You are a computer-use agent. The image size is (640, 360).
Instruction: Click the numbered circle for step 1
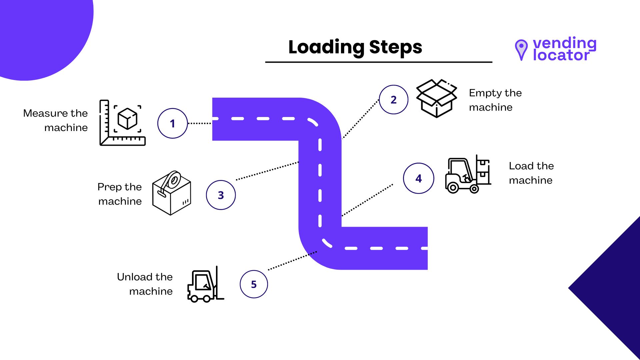click(172, 123)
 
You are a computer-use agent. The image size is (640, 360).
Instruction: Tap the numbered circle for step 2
click(393, 100)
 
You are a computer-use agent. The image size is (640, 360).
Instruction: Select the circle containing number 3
click(221, 195)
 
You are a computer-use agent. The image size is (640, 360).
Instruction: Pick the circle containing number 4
click(418, 178)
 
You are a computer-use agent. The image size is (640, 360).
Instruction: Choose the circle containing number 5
click(254, 284)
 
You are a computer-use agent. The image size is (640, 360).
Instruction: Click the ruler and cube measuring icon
click(122, 123)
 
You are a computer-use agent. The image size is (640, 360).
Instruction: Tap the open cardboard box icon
click(436, 98)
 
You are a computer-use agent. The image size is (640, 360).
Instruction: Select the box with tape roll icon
click(171, 193)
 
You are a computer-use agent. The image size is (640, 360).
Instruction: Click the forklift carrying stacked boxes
click(468, 174)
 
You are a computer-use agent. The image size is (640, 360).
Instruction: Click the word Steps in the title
click(396, 47)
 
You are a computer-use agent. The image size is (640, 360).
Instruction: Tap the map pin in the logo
click(521, 49)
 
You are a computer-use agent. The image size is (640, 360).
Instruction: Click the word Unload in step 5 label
click(135, 277)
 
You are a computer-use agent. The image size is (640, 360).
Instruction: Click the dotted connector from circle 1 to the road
click(200, 123)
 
